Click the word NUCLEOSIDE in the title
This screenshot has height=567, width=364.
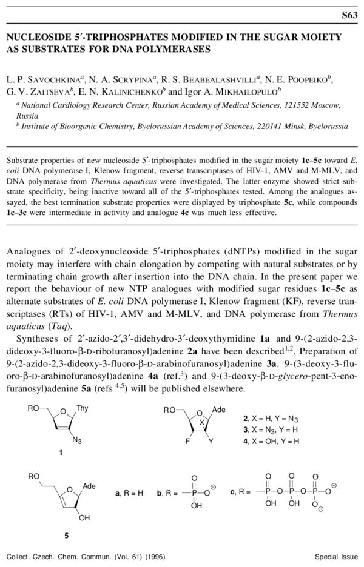pos(38,38)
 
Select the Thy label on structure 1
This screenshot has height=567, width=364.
pos(83,409)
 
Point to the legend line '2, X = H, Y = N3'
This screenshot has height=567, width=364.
pos(271,419)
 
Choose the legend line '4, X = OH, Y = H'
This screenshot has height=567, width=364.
pos(271,440)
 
